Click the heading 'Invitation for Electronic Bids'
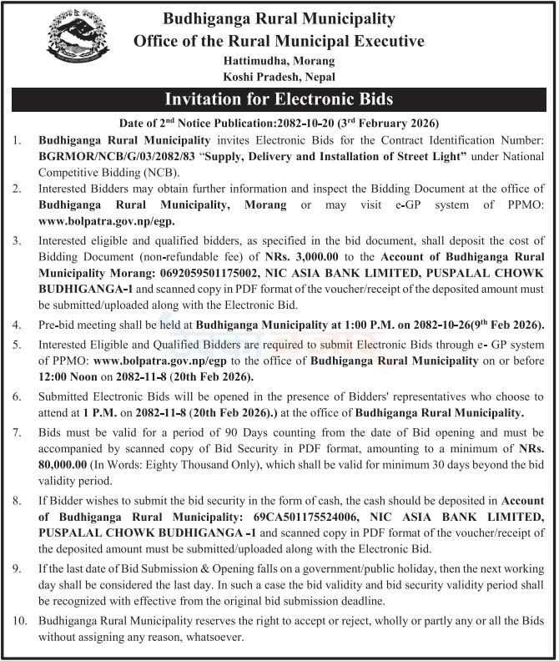point(279,100)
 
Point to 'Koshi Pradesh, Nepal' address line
point(279,76)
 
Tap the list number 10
point(18,622)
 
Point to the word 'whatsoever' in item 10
point(213,637)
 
